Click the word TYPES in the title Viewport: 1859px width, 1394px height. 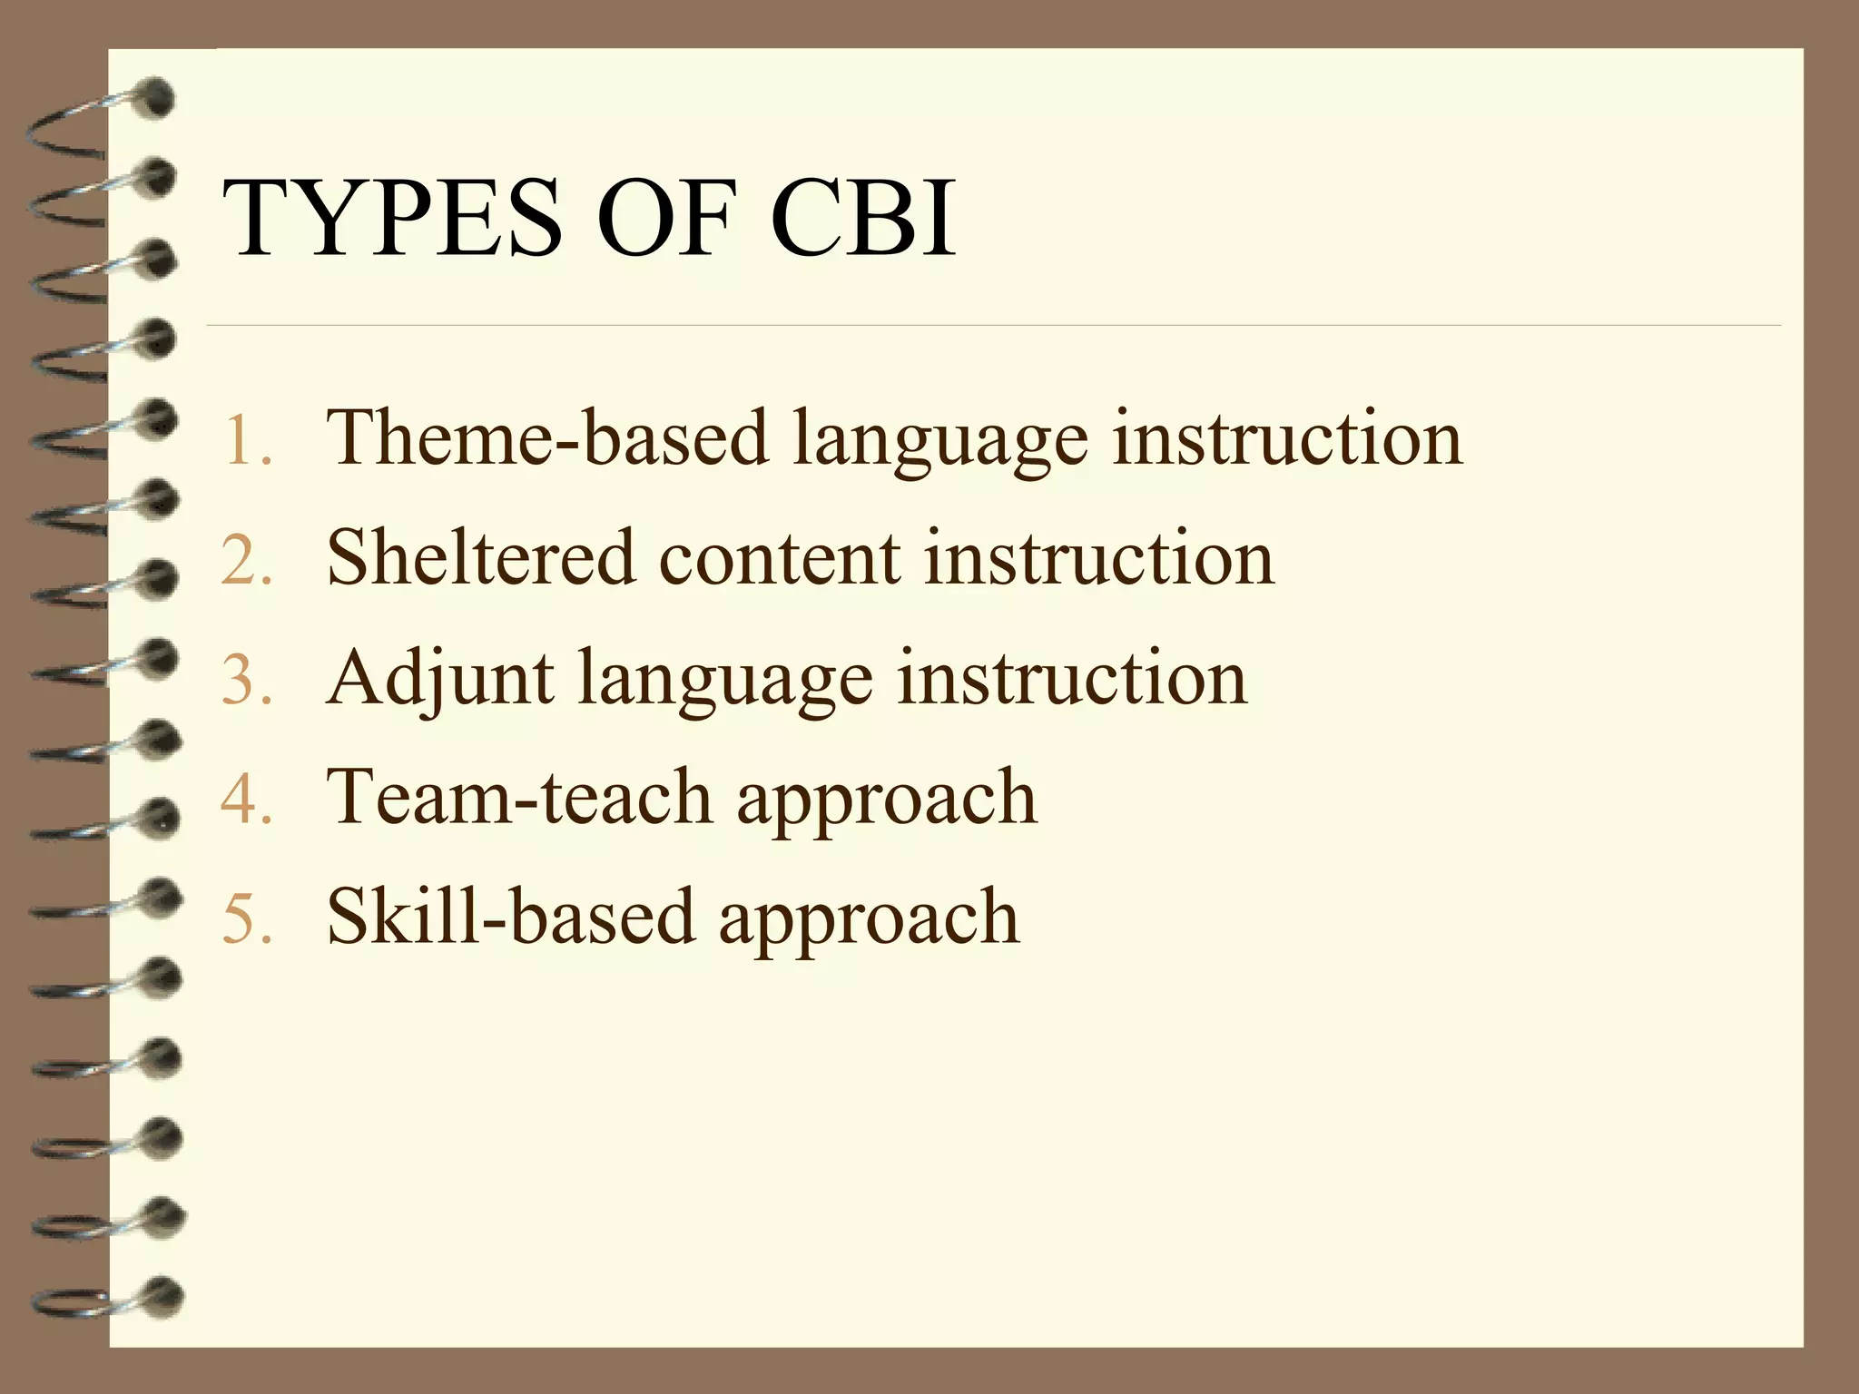392,219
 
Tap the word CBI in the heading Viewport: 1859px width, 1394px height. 863,219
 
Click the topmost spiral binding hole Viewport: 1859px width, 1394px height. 158,98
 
